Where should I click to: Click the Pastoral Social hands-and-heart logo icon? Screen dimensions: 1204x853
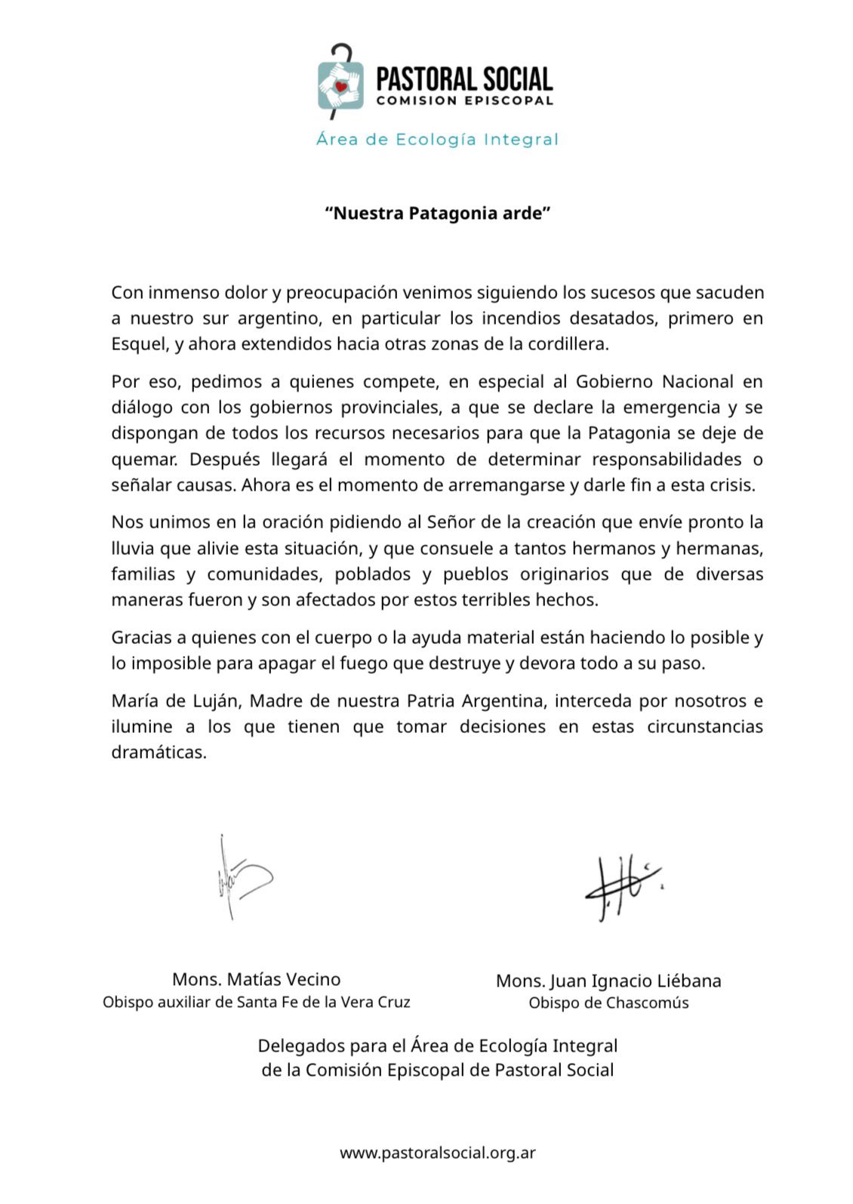(340, 83)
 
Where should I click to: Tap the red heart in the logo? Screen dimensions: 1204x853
(341, 86)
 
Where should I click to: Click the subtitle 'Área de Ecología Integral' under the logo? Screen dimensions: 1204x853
(437, 140)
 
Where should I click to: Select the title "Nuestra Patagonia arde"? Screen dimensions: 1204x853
(438, 214)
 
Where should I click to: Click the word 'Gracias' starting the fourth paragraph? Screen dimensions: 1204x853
(141, 638)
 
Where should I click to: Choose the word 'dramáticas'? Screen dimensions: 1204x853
(159, 753)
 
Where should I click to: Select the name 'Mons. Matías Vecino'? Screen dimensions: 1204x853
(257, 980)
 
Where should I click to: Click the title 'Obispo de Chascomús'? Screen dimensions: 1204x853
(608, 1003)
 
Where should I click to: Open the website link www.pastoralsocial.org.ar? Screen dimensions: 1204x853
(438, 1153)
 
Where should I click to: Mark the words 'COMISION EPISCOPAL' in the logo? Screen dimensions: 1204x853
(464, 101)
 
